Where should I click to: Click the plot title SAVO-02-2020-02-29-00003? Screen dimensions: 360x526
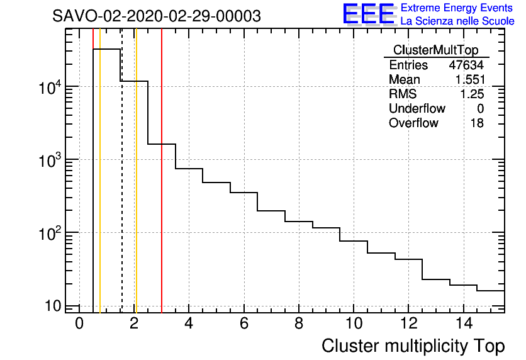pyautogui.click(x=157, y=16)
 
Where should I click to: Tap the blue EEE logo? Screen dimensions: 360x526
pyautogui.click(x=368, y=14)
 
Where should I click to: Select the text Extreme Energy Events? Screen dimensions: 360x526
pyautogui.click(x=457, y=8)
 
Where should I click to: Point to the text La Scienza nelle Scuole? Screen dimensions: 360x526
pyautogui.click(x=457, y=21)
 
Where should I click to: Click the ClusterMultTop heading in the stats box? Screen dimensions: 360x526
pyautogui.click(x=435, y=50)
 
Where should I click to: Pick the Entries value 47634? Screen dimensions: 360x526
pyautogui.click(x=466, y=65)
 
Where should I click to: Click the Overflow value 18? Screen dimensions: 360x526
pyautogui.click(x=477, y=123)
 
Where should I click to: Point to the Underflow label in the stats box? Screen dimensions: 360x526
pyautogui.click(x=417, y=108)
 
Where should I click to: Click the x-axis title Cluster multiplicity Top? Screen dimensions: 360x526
pyautogui.click(x=413, y=346)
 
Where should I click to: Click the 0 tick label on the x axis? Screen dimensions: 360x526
pyautogui.click(x=79, y=323)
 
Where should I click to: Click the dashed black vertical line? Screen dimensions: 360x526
pyautogui.click(x=121, y=189)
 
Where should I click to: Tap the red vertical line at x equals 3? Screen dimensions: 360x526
pyautogui.click(x=162, y=189)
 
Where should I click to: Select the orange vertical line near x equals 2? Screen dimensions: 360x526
pyautogui.click(x=136, y=189)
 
